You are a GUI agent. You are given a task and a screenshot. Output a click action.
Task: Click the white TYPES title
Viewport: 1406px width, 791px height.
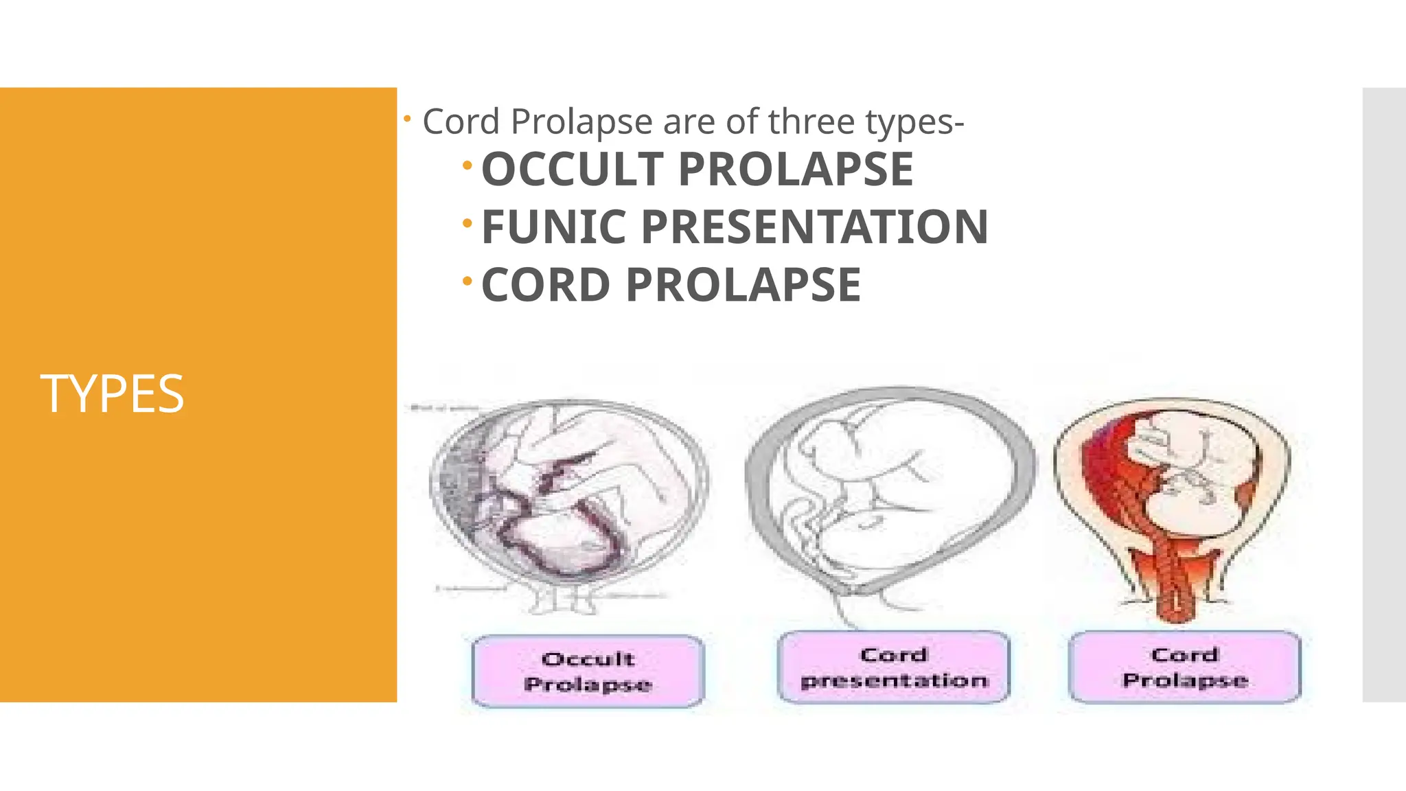click(x=112, y=394)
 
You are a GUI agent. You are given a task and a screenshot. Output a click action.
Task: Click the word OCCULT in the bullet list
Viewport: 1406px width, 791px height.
click(x=573, y=170)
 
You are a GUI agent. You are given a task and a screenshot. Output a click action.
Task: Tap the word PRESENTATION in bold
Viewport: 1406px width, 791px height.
click(x=814, y=227)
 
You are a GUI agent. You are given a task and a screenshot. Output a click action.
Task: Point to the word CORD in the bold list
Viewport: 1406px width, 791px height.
click(x=545, y=285)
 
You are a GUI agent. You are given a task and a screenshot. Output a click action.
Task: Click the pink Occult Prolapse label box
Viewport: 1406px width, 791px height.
click(x=588, y=671)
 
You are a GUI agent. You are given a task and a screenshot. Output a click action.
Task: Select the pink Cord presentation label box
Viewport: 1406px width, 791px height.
click(x=893, y=667)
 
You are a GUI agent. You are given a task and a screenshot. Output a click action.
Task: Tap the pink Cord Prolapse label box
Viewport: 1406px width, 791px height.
click(x=1185, y=667)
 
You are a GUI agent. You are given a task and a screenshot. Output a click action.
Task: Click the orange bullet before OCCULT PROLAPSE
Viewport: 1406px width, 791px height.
click(x=468, y=165)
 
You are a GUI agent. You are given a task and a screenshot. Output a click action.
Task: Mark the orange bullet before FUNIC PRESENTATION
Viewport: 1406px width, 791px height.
click(x=468, y=223)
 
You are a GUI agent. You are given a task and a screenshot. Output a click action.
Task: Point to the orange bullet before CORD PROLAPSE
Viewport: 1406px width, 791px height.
click(x=468, y=281)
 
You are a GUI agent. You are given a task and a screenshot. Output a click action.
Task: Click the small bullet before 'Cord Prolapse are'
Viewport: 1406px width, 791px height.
click(x=407, y=119)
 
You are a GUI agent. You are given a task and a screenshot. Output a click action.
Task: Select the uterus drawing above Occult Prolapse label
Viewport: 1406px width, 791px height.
click(x=568, y=494)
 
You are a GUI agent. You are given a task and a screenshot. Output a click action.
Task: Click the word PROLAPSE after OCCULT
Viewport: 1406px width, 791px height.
click(x=796, y=170)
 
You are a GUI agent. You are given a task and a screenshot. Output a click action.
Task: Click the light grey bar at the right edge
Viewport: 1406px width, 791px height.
click(x=1384, y=394)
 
